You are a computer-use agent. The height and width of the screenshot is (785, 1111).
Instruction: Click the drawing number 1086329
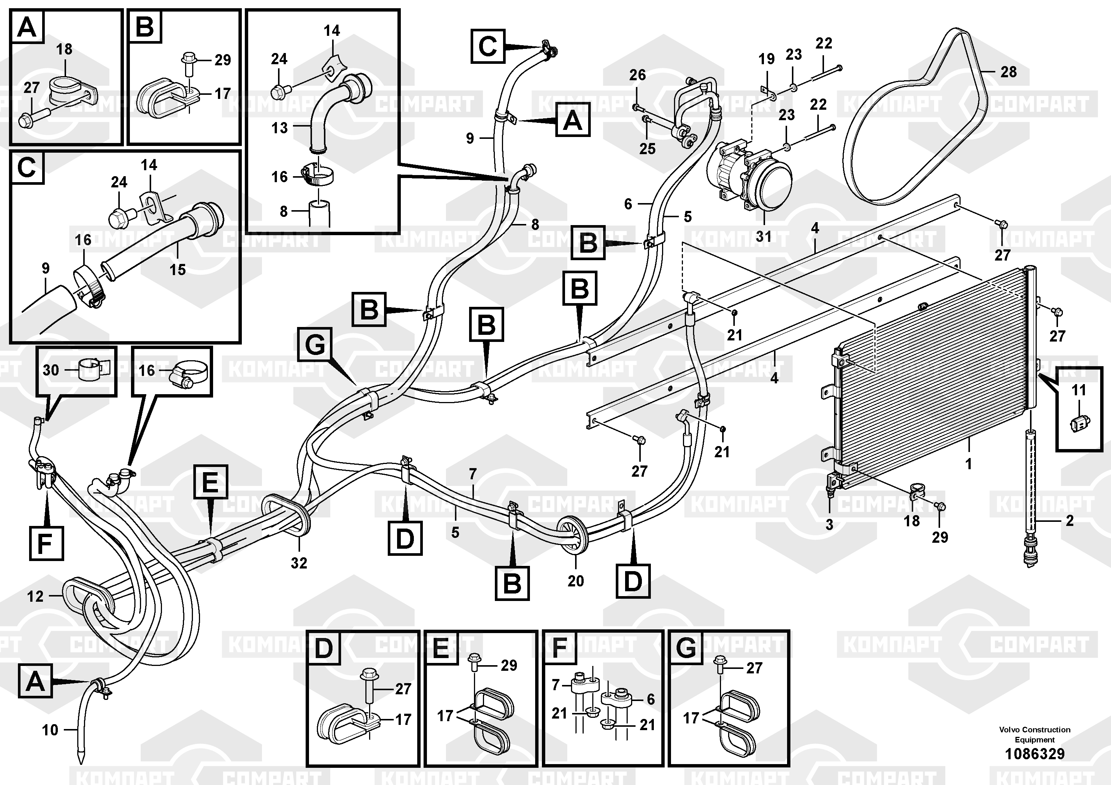point(1034,754)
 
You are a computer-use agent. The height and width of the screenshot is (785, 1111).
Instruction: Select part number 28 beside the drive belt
point(1008,72)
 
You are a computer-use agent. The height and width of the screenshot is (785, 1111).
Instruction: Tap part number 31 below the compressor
point(763,236)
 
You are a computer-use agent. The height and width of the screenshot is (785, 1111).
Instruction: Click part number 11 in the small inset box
point(1079,390)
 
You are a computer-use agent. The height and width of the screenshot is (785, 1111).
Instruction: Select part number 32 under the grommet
point(299,563)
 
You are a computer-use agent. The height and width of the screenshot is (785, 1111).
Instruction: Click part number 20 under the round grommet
point(575,581)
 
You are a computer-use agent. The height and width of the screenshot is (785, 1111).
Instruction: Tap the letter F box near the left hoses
point(46,543)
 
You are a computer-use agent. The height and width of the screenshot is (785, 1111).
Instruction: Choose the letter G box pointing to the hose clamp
point(315,345)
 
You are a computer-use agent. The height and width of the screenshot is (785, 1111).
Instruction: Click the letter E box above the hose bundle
point(210,482)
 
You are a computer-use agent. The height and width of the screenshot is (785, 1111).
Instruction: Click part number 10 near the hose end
point(50,730)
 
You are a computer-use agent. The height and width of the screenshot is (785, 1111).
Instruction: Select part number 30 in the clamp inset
point(50,370)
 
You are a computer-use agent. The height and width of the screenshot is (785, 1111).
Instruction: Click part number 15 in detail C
point(177,270)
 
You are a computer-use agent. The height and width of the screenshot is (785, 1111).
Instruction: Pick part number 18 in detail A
point(64,49)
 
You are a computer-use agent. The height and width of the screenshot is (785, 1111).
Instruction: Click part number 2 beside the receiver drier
point(1069,521)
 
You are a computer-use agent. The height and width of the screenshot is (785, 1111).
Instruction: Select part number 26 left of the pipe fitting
point(637,75)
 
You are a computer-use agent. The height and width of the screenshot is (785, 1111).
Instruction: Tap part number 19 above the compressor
point(766,59)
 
